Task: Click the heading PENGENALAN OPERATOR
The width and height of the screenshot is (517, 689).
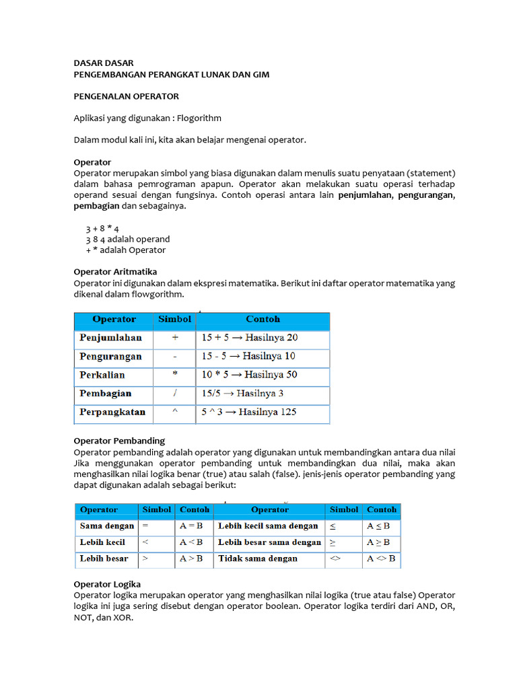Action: pyautogui.click(x=126, y=96)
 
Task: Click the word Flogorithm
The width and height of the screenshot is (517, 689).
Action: pyautogui.click(x=199, y=118)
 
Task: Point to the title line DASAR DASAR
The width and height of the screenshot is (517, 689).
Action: pyautogui.click(x=103, y=63)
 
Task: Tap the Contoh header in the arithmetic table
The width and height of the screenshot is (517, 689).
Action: pyautogui.click(x=263, y=320)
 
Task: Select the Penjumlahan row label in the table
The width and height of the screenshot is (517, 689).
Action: pyautogui.click(x=110, y=338)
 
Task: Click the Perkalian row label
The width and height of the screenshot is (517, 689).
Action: pyautogui.click(x=102, y=375)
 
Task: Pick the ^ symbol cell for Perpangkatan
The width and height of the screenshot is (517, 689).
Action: pyautogui.click(x=175, y=412)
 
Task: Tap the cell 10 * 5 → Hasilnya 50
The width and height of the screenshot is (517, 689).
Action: pyautogui.click(x=248, y=375)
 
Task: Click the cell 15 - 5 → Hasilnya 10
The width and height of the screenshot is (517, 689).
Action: pyautogui.click(x=248, y=356)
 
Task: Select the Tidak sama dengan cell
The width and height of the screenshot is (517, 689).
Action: pyautogui.click(x=257, y=558)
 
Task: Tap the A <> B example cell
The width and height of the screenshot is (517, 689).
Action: pyautogui.click(x=382, y=558)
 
